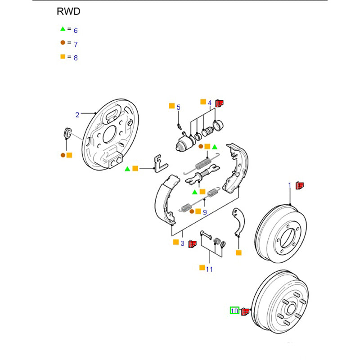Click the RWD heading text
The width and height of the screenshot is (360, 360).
(x=68, y=12)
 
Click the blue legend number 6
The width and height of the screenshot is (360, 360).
(x=76, y=31)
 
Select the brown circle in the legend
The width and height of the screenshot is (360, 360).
(x=63, y=43)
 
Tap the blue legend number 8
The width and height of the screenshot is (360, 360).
(x=76, y=58)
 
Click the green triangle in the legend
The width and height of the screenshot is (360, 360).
(x=63, y=29)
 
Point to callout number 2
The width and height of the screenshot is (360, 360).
(x=77, y=115)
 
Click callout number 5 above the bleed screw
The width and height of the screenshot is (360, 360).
(x=178, y=107)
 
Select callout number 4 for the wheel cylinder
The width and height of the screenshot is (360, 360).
(x=210, y=103)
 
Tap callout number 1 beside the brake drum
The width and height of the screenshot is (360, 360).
(x=290, y=185)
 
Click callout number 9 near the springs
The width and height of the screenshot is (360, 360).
(x=204, y=212)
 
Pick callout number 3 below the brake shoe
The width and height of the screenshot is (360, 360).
(x=182, y=243)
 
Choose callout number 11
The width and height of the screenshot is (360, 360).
(x=209, y=269)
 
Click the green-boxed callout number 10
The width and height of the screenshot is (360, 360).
(x=234, y=310)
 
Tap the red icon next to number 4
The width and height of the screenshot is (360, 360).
(x=219, y=103)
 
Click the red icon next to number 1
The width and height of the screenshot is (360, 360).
(x=300, y=185)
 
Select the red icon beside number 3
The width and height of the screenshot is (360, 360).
(x=192, y=243)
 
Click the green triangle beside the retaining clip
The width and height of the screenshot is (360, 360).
(x=127, y=168)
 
